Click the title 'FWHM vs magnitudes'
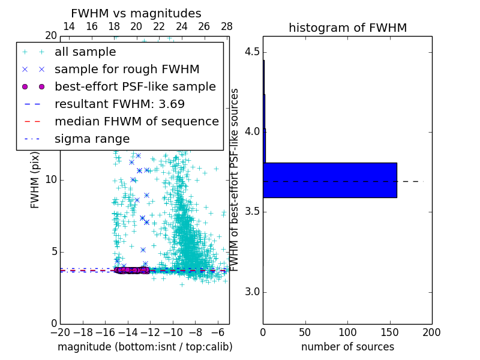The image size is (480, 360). pos(136,13)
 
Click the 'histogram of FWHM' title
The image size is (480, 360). pos(347,28)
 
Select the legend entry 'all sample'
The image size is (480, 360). pos(85,52)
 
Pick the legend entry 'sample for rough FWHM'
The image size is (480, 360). pos(127,70)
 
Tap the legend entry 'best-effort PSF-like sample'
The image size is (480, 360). pos(135,87)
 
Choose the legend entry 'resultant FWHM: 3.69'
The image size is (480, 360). pos(119,104)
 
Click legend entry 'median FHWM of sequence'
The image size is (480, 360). pos(136,122)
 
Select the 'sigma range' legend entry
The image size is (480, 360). pos(92,139)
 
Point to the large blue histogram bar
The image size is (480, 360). pos(329,180)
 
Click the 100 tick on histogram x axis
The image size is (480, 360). pos(347,332)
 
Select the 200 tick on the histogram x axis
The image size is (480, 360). pos(431,332)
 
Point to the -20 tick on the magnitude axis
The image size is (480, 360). pos(60,332)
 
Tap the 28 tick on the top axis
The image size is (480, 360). pos(227,26)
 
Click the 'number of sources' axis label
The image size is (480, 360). pos(347,347)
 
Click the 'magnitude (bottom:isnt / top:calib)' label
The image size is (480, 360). pos(145,347)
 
